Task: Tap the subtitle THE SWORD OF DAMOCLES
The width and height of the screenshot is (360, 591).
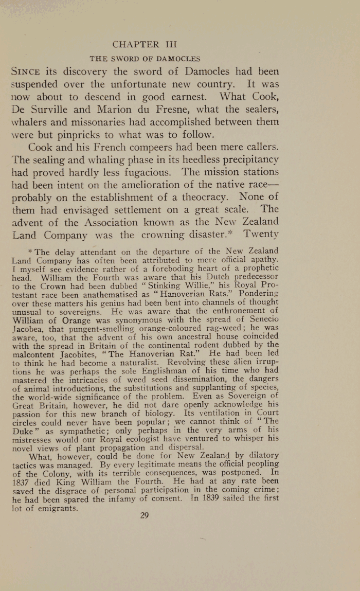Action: coord(145,59)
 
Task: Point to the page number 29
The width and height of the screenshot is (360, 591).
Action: coord(144,515)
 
